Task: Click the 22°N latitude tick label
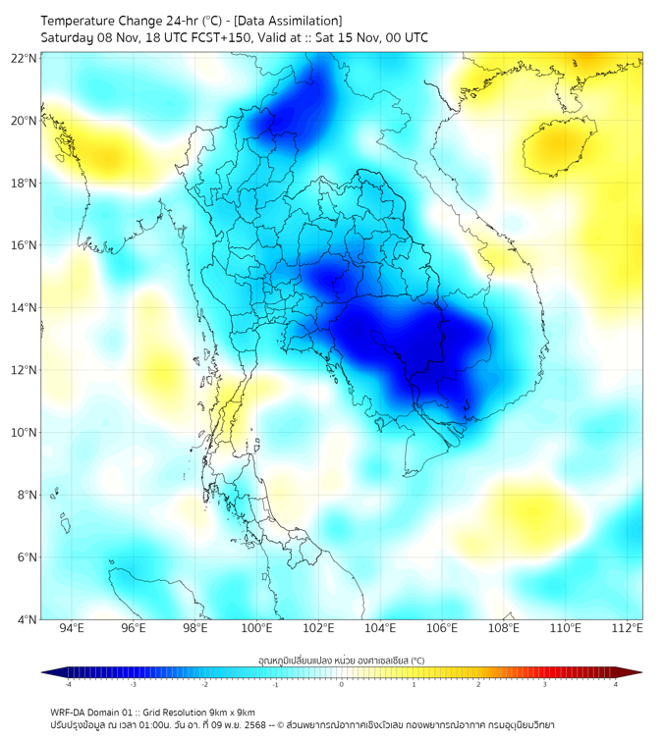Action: point(24,58)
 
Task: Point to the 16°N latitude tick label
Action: point(24,245)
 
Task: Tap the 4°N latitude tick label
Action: point(27,619)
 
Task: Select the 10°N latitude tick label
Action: point(24,433)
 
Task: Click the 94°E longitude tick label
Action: point(72,628)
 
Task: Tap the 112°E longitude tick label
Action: point(627,628)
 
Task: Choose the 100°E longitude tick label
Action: point(256,628)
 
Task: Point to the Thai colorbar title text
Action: point(341,661)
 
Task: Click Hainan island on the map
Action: point(559,147)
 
